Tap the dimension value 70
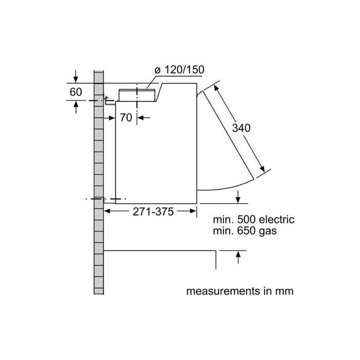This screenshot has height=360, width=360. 126,117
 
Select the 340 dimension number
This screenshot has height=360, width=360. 241,128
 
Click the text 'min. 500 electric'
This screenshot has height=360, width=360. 254,220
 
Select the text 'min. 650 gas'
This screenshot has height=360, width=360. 245,231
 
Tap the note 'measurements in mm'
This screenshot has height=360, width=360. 240,291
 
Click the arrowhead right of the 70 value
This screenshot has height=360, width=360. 141,118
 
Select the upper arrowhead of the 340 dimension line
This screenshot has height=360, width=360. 214,88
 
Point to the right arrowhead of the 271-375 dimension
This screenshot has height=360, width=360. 193,211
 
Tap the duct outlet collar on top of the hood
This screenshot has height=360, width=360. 137,94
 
